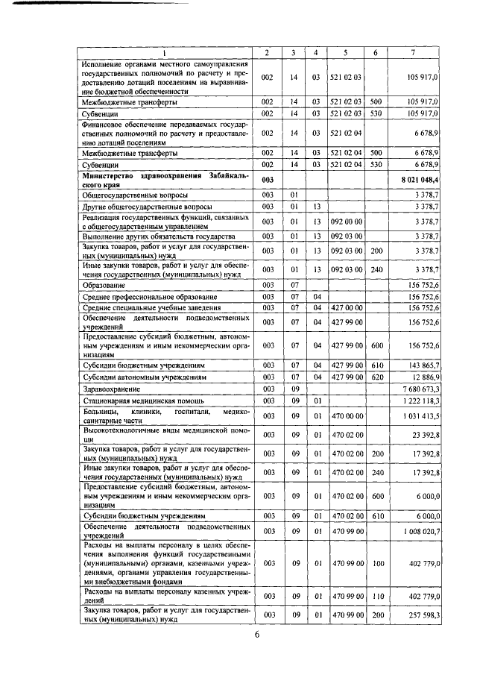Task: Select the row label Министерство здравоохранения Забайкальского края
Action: click(165, 180)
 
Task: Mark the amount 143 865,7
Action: click(423, 366)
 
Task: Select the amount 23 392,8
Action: click(425, 435)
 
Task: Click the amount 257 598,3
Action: click(423, 615)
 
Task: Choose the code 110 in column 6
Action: click(376, 594)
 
